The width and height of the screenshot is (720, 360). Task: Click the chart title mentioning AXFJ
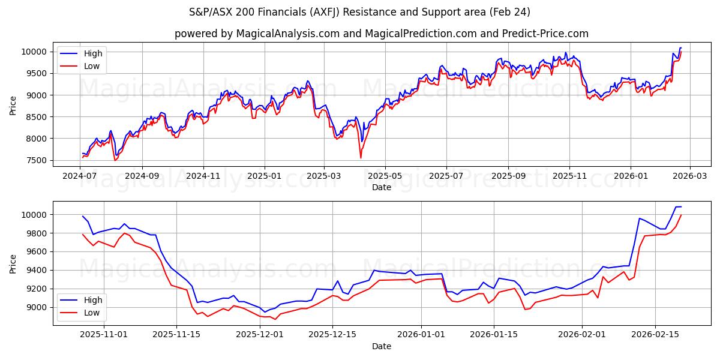pos(359,12)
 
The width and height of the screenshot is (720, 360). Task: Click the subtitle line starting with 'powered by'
pos(381,34)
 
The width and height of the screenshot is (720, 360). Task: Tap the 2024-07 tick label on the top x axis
pos(80,176)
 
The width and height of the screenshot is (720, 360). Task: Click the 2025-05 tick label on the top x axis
pos(385,176)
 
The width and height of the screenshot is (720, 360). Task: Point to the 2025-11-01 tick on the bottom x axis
pos(104,334)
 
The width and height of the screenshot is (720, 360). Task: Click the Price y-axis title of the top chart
pos(13,106)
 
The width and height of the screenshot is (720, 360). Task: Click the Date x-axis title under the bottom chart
pos(381,346)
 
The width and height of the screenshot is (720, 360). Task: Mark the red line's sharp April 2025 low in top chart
pos(361,158)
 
